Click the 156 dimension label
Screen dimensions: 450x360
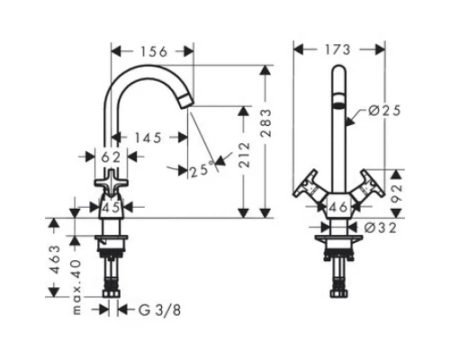coord(154,52)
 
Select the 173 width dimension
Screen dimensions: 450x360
coord(337,49)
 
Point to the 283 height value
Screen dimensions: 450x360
coord(265,123)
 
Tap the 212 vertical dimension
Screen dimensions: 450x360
coord(244,155)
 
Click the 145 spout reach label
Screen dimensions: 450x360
coord(148,138)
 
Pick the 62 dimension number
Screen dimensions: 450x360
coord(111,157)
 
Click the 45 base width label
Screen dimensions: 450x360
coord(111,207)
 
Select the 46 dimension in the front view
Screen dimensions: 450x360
coord(338,207)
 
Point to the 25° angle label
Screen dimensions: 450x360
coord(201,170)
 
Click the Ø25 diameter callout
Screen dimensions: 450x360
coord(384,111)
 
